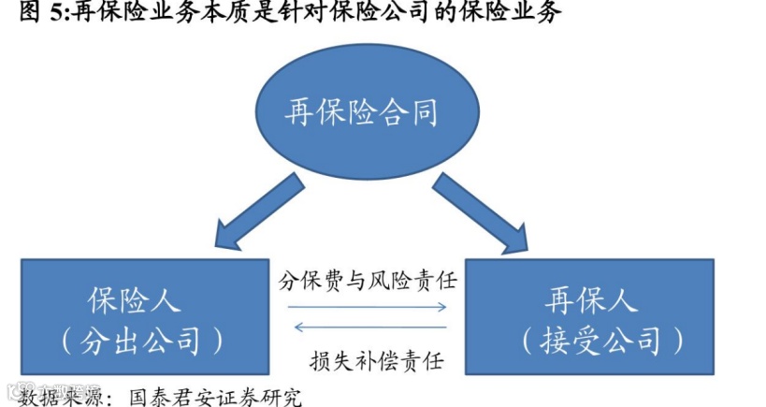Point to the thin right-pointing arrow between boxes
click(x=368, y=305)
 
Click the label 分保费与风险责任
click(x=368, y=281)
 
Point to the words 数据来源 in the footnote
click(x=53, y=396)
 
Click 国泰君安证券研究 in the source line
click(x=216, y=396)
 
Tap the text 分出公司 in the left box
click(x=143, y=340)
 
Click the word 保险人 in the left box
click(x=135, y=301)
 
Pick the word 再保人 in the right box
click(x=591, y=301)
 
